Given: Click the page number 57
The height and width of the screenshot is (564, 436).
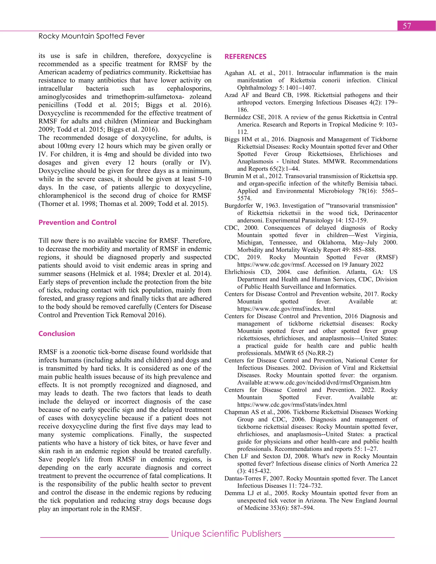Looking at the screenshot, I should click(407, 26).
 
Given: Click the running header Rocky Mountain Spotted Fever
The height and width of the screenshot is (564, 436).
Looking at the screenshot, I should click(91, 36).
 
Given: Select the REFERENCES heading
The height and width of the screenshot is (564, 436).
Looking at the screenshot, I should click(245, 57).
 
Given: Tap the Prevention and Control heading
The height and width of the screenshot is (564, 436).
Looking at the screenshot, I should click(77, 222).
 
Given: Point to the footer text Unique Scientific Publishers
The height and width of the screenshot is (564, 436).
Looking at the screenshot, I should click(226, 534).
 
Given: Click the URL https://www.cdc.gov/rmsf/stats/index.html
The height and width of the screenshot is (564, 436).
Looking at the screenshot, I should click(292, 405).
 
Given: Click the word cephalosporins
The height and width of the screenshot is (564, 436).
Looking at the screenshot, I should click(189, 89).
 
